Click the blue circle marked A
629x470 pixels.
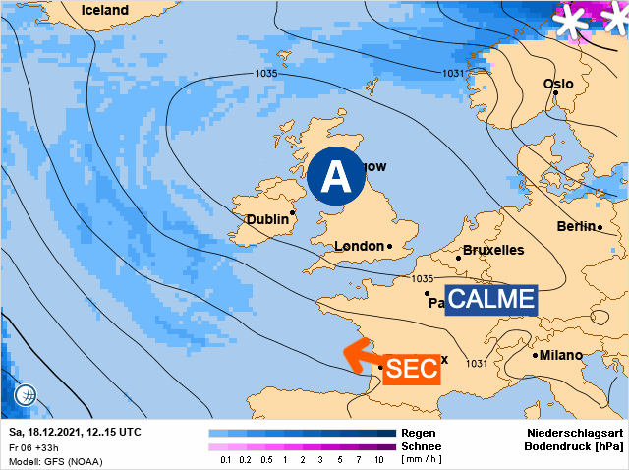click(336, 177)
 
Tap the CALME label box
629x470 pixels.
click(491, 300)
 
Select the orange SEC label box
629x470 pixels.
click(407, 369)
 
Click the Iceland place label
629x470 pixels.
click(104, 10)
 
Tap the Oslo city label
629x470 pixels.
click(557, 84)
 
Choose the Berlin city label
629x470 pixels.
click(576, 227)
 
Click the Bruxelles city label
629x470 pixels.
click(493, 250)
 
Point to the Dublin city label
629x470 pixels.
click(266, 219)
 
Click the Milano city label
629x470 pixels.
click(561, 355)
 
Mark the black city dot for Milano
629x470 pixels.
click(536, 355)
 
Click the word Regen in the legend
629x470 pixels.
click(419, 433)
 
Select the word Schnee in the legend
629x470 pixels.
click(423, 445)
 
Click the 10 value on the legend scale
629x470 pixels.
click(378, 459)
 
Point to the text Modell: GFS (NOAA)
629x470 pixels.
click(55, 461)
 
